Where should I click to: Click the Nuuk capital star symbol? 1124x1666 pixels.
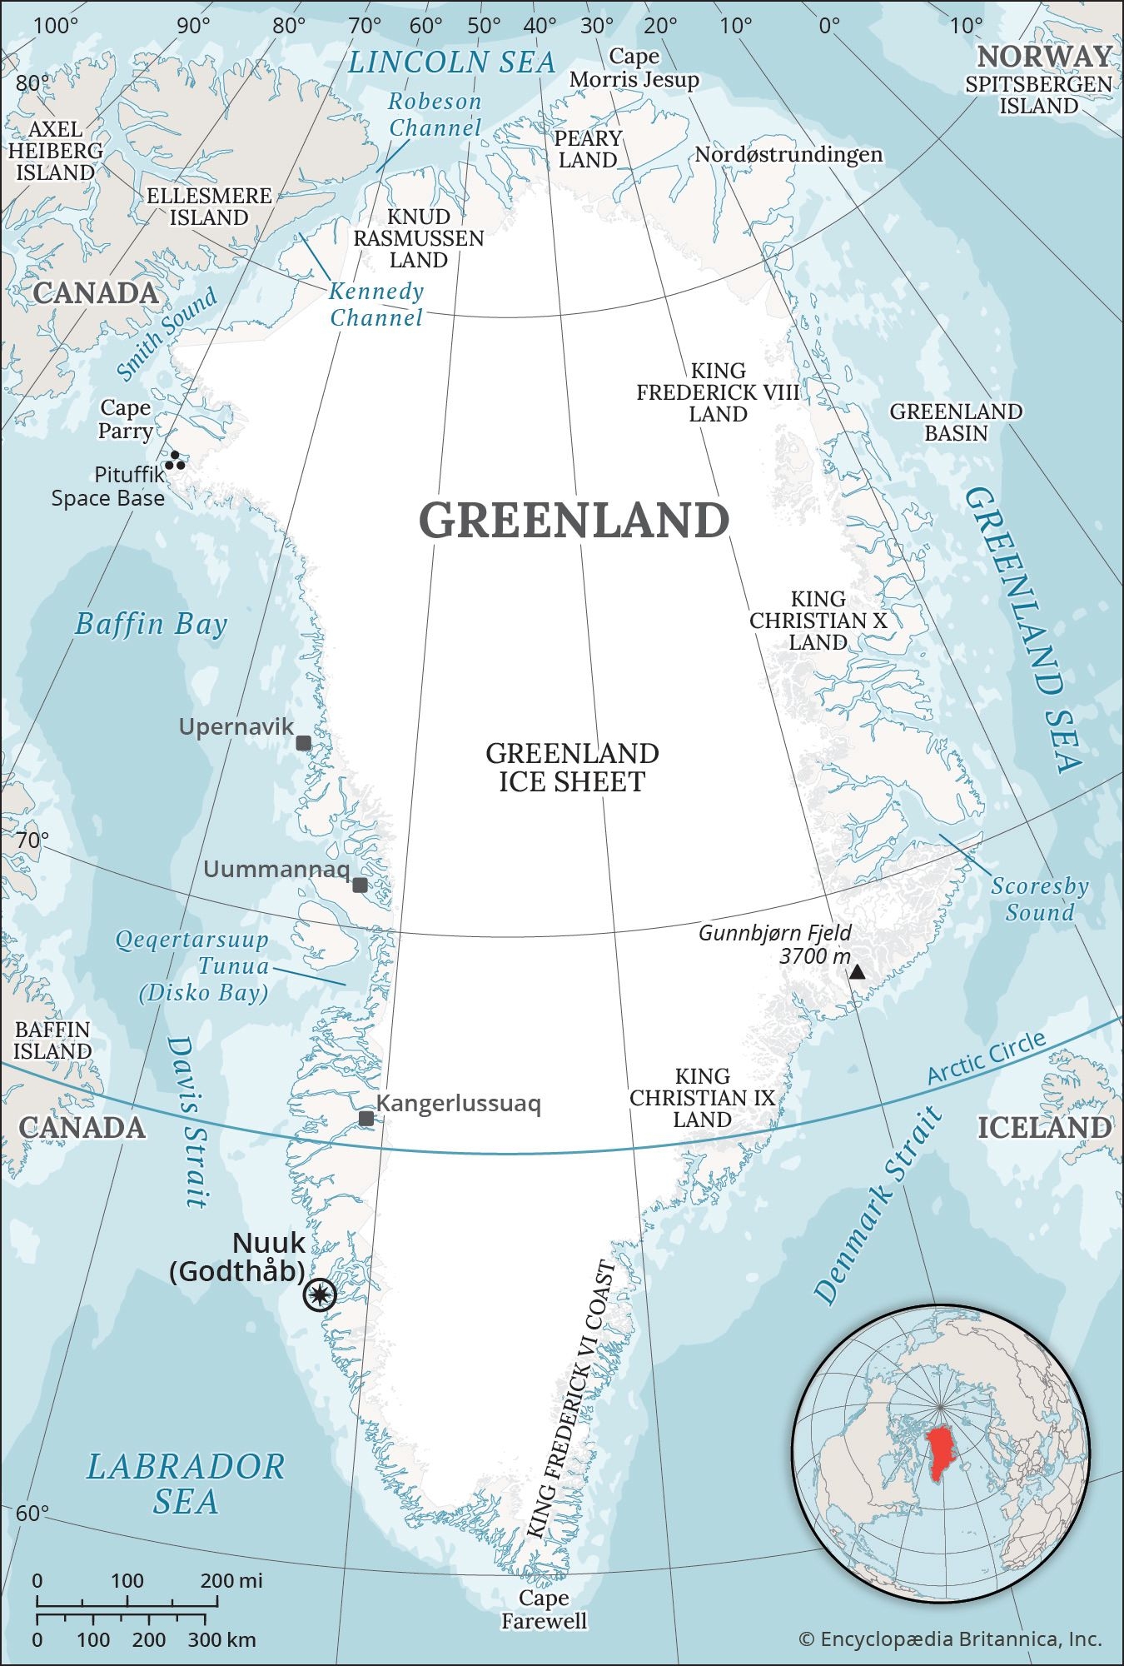(x=320, y=1294)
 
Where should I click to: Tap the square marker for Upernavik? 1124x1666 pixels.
(x=304, y=743)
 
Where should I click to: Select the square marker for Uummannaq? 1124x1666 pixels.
(x=360, y=885)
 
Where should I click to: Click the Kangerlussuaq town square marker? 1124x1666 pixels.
(x=366, y=1118)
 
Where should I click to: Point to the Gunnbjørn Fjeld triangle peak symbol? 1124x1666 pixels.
(x=857, y=971)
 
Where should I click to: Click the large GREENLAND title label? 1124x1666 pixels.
(x=574, y=520)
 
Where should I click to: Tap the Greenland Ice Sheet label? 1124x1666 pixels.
(x=572, y=767)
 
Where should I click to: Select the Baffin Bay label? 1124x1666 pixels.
(x=151, y=624)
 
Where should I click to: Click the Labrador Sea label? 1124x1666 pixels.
(x=186, y=1484)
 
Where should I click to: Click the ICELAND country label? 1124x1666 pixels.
(x=1044, y=1127)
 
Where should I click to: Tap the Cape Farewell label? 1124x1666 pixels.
(x=544, y=1609)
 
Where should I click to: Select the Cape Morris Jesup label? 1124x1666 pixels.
(x=634, y=68)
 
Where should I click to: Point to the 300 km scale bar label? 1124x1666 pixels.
(x=222, y=1640)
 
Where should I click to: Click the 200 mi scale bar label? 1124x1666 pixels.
(x=231, y=1580)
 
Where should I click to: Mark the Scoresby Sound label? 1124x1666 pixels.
(x=1039, y=899)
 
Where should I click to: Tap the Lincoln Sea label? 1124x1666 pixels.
(x=451, y=62)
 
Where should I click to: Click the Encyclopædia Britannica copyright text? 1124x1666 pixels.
(x=950, y=1639)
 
